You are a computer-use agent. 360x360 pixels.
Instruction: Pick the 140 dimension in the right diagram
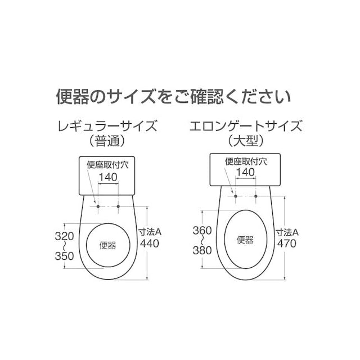pyautogui.click(x=245, y=172)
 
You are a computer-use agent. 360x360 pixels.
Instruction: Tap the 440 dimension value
pyautogui.click(x=150, y=244)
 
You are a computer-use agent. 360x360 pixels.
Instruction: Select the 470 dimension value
pyautogui.click(x=286, y=244)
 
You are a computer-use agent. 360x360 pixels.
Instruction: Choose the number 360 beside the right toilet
pyautogui.click(x=202, y=231)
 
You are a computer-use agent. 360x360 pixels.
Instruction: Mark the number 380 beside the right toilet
pyautogui.click(x=202, y=250)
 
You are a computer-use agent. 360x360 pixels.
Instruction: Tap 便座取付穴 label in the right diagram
pyautogui.click(x=246, y=161)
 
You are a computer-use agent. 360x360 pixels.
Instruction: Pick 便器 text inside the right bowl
pyautogui.click(x=245, y=240)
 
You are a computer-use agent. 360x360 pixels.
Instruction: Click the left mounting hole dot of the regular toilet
pyautogui.click(x=98, y=206)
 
